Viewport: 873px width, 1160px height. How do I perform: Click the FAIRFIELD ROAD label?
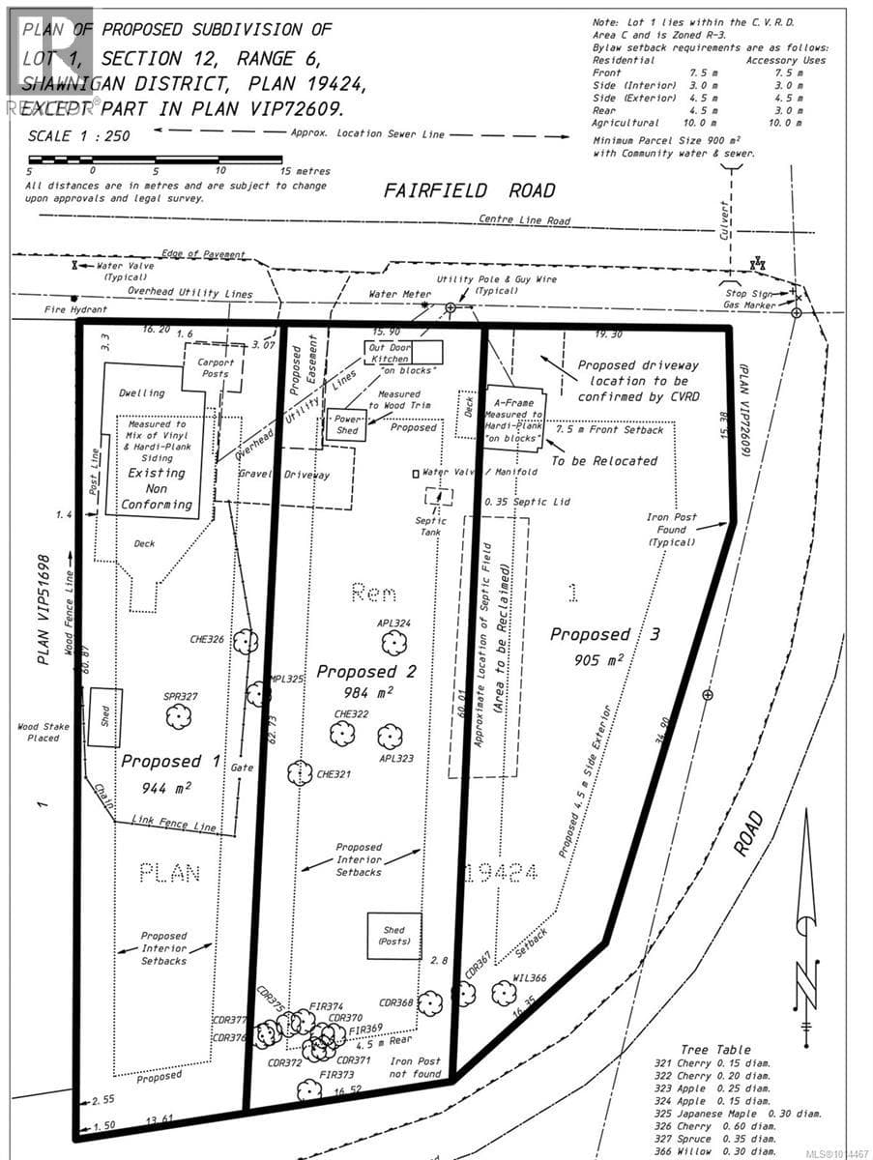pyautogui.click(x=470, y=188)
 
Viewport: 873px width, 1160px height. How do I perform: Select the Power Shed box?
pyautogui.click(x=347, y=425)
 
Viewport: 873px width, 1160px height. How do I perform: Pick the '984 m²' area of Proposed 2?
pyautogui.click(x=365, y=693)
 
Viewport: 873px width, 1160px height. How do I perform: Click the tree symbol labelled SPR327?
pyautogui.click(x=177, y=716)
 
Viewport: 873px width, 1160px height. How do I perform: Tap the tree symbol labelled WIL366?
pyautogui.click(x=503, y=993)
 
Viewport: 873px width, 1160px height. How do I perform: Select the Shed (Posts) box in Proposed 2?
pyautogui.click(x=394, y=936)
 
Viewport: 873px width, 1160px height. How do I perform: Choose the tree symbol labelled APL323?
pyautogui.click(x=390, y=738)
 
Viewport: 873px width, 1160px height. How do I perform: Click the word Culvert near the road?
pyautogui.click(x=725, y=207)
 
